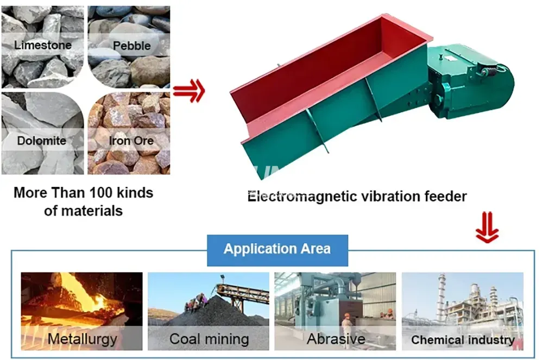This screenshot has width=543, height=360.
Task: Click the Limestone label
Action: pos(42,45)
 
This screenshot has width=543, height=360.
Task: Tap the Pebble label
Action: pos(132,46)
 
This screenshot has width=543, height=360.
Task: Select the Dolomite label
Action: pos(42,141)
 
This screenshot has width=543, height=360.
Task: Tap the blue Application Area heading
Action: pos(277,249)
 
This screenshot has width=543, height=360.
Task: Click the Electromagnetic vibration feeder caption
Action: pos(357,196)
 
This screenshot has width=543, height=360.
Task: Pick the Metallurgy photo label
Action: pos(82,339)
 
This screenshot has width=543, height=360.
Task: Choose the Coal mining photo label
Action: pos(209,339)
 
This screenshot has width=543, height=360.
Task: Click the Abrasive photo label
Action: pos(336,339)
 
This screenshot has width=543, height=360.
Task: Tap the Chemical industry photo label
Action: pos(463,340)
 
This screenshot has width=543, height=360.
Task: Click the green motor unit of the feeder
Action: pos(467,81)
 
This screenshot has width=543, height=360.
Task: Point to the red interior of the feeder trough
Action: pos(326,76)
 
